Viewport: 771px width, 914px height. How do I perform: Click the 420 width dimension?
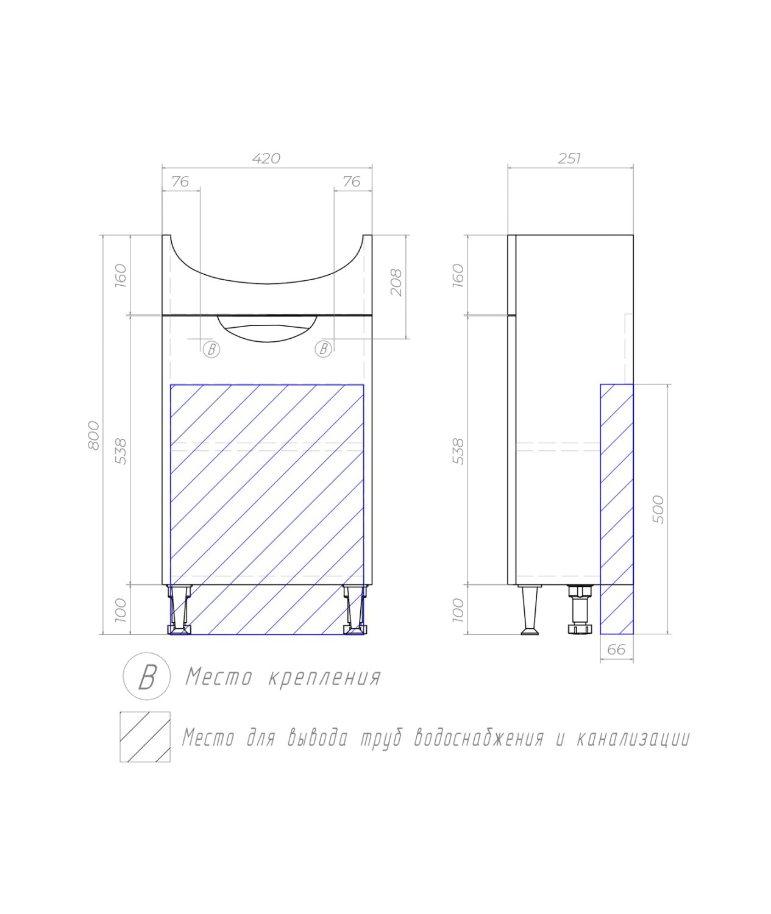(x=266, y=158)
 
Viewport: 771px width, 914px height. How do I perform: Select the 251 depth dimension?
(x=569, y=158)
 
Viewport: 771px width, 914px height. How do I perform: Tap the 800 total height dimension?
(x=94, y=435)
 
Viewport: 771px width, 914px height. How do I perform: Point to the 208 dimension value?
(x=396, y=282)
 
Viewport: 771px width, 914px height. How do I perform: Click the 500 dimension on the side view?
(x=658, y=509)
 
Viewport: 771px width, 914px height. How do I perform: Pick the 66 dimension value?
(x=616, y=650)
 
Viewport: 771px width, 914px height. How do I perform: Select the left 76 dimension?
(x=180, y=181)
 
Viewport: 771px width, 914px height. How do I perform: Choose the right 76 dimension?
(x=352, y=181)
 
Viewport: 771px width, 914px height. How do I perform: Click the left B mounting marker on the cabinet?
(x=211, y=349)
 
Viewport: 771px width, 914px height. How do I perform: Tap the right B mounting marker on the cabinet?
(x=324, y=349)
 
